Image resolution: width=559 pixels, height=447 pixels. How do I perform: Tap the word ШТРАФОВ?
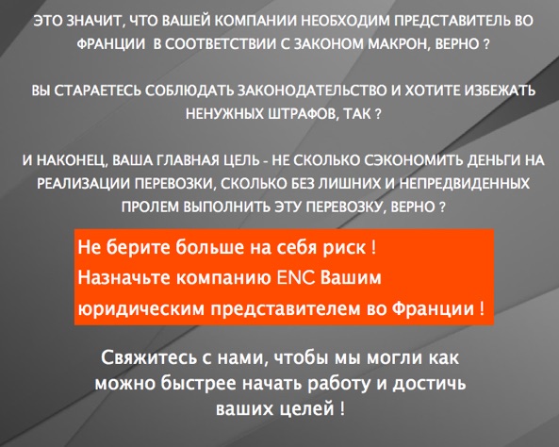pos(301,114)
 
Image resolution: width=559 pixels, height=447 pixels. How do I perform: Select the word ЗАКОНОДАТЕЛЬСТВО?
pos(312,91)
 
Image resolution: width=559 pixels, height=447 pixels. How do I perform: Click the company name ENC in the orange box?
pos(296,277)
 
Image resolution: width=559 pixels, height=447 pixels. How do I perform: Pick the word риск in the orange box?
pos(344,248)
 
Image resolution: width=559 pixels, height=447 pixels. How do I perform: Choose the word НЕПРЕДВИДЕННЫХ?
pos(464,184)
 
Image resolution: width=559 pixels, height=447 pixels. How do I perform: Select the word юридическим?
pos(141,308)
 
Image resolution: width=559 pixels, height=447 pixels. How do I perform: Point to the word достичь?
pos(429,384)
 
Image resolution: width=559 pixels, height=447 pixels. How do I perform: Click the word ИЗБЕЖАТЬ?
pos(500,91)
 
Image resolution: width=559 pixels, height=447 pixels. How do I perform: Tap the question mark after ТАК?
pos(378,114)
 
